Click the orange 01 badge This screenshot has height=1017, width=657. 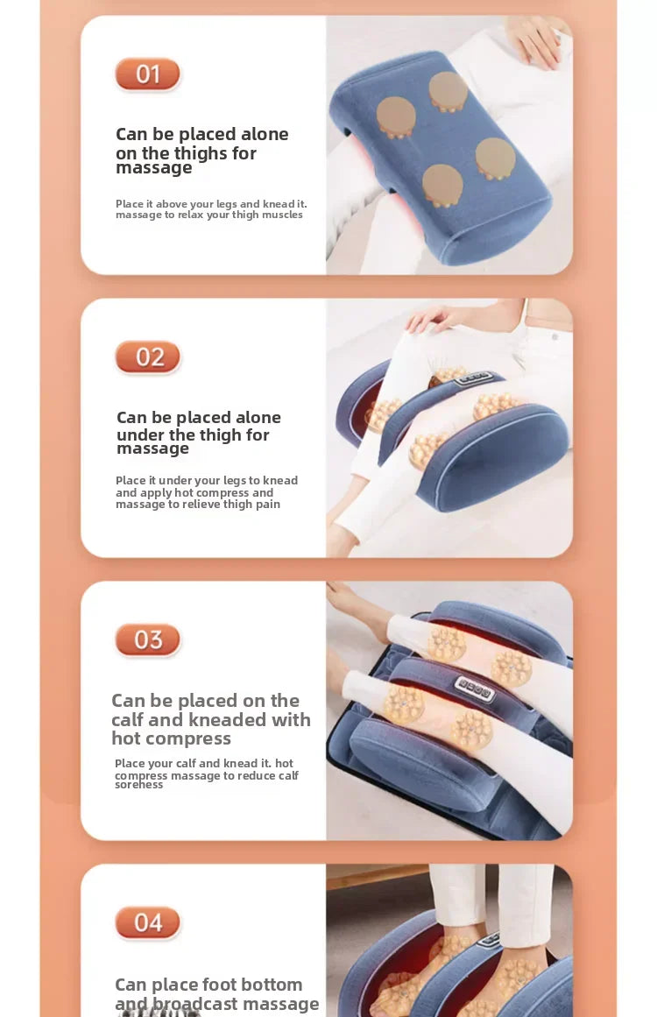click(147, 74)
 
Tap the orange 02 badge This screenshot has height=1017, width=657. click(147, 357)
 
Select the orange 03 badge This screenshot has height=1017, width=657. click(147, 640)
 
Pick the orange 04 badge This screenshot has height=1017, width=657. click(147, 922)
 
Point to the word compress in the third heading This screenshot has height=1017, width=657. click(185, 738)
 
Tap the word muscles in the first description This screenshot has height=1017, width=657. click(281, 215)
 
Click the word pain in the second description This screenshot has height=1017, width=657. click(268, 505)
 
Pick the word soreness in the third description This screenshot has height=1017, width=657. click(138, 785)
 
